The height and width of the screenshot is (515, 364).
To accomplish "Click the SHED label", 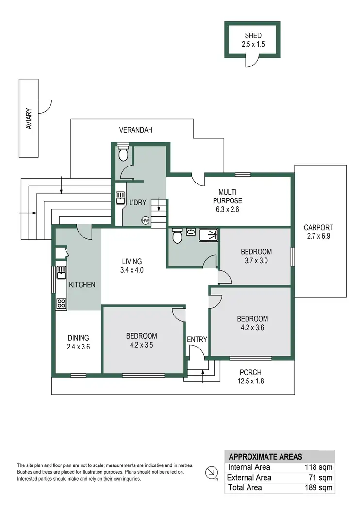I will [x=252, y=35].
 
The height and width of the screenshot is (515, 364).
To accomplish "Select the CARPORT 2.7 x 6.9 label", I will [x=318, y=232].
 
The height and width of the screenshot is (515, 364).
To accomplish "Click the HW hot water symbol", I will [x=145, y=221].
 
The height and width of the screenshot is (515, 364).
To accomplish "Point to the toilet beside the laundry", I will [x=123, y=153].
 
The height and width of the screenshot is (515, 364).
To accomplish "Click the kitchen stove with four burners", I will [x=62, y=304].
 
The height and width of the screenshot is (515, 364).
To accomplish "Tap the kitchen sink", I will [x=61, y=274].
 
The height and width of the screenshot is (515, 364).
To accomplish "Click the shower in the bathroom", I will [x=208, y=235].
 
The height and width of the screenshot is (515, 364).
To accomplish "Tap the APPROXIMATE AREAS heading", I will [x=265, y=457].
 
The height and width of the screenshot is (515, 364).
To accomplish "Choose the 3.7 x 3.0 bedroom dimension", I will [x=256, y=260].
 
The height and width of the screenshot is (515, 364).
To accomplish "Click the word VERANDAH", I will [x=136, y=130].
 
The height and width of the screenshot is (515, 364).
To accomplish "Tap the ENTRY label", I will [x=197, y=339].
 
